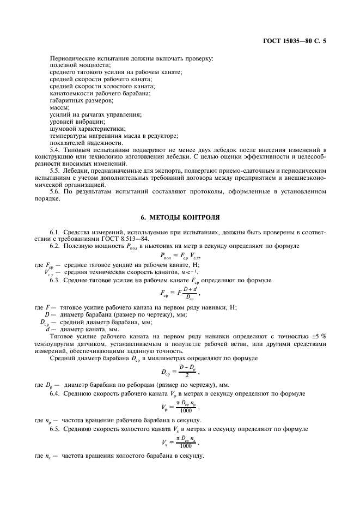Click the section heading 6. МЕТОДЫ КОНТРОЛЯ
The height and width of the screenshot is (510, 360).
click(180, 217)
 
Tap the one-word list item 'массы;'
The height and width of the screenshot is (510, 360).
click(60, 107)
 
